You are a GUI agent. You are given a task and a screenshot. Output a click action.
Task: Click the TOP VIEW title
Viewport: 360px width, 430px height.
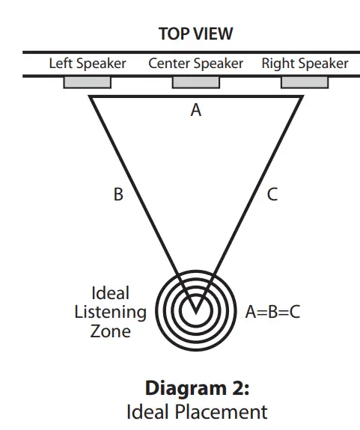(195, 34)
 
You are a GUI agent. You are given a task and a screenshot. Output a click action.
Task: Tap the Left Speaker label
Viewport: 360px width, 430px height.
(88, 64)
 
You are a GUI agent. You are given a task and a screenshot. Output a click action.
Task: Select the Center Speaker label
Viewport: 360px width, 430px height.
(195, 64)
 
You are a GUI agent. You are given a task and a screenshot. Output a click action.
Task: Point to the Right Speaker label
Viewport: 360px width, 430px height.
(305, 64)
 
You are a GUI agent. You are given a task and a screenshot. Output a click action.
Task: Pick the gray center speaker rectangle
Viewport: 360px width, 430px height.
(195, 82)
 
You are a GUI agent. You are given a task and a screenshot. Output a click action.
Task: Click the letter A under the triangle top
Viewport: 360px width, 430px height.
(196, 110)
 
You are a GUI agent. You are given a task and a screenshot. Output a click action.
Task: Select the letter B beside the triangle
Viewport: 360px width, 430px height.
(118, 195)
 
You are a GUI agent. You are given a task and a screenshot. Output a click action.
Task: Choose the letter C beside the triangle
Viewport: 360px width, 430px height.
(272, 195)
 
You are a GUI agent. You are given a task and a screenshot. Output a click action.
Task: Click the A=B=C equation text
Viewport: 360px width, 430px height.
(273, 312)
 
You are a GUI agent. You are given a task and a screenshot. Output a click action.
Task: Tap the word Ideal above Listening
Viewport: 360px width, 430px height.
(109, 293)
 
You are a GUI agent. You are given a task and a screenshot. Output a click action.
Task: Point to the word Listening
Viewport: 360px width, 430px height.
(110, 312)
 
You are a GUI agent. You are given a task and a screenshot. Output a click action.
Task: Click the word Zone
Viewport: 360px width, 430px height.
(109, 331)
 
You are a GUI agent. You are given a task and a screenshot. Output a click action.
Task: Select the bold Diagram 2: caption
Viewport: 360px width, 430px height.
(195, 389)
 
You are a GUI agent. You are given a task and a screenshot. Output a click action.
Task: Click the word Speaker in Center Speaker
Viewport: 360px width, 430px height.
(218, 64)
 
